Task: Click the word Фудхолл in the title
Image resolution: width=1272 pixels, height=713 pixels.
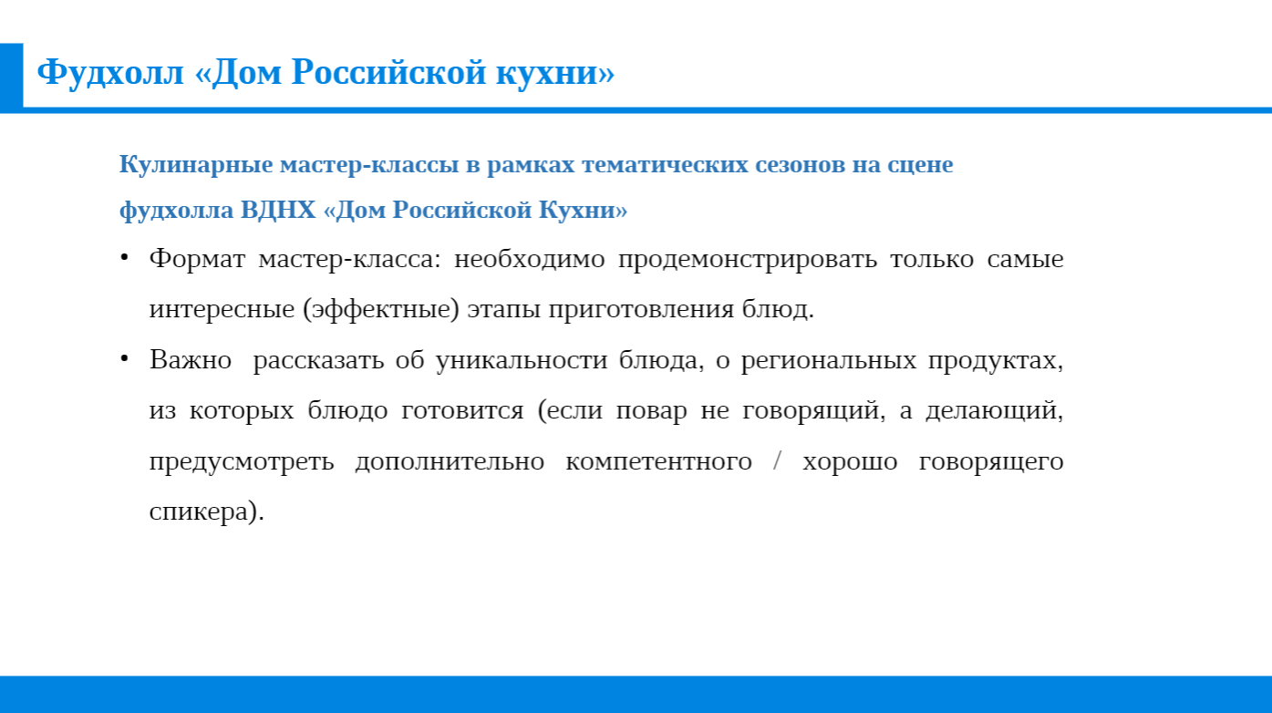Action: click(x=110, y=73)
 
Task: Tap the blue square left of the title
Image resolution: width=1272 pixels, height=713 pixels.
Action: click(x=11, y=77)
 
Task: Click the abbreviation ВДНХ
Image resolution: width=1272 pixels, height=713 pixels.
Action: click(x=278, y=211)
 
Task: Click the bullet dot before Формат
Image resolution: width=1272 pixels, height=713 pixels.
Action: click(x=124, y=258)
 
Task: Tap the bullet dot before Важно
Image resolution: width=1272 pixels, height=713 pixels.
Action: click(x=124, y=358)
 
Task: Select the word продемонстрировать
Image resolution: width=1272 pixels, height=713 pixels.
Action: click(x=748, y=260)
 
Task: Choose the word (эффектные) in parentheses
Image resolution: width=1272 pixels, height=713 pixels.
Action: click(x=381, y=310)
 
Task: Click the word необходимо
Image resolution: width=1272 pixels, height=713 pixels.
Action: click(x=529, y=259)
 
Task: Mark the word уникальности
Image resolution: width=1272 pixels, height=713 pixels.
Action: click(x=522, y=361)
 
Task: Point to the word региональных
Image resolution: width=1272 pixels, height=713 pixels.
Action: click(x=829, y=361)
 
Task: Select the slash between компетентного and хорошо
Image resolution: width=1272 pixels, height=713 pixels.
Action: click(x=777, y=460)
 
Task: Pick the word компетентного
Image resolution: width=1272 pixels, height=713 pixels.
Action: click(x=658, y=462)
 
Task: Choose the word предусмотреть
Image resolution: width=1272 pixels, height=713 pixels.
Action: click(x=242, y=462)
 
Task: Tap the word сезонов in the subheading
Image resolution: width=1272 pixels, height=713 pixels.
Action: click(x=800, y=165)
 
